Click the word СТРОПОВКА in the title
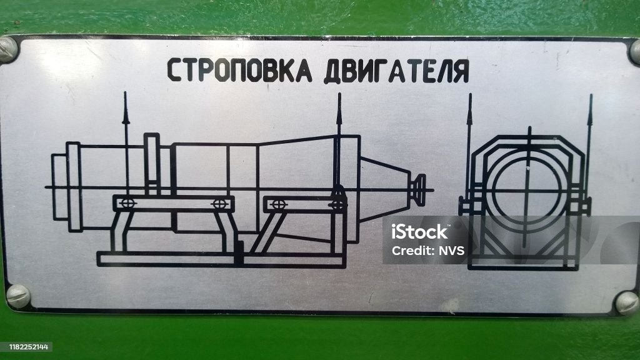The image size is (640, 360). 239,70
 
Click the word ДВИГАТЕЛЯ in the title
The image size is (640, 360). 396,71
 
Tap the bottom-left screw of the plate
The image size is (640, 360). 18,296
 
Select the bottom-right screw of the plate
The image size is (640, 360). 627,302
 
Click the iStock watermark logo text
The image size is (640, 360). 419,232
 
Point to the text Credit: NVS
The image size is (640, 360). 427,250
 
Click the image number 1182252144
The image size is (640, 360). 29,347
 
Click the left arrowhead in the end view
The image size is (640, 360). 470,109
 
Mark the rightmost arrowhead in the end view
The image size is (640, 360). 590,109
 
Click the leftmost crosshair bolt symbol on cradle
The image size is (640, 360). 127,203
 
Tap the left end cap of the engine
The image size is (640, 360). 59,187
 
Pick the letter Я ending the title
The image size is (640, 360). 461,72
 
